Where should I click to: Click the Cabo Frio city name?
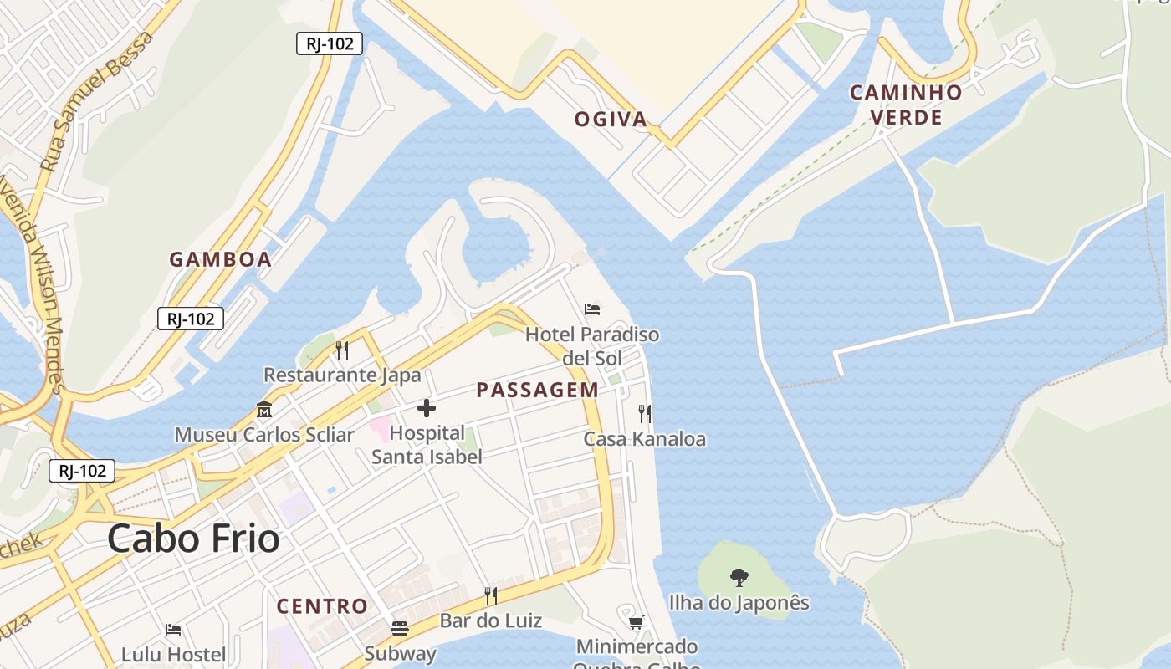click(193, 539)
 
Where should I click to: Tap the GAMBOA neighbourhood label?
click(221, 259)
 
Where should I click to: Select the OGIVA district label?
click(611, 120)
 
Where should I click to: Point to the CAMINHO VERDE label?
click(907, 105)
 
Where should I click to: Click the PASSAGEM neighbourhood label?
click(538, 390)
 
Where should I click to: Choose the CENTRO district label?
click(322, 606)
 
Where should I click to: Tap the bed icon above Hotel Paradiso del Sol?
click(592, 309)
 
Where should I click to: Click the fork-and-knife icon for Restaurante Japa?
click(341, 350)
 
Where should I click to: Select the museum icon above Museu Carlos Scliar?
click(264, 410)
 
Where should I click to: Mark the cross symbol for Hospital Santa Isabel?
click(427, 408)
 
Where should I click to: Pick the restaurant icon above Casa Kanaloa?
click(644, 413)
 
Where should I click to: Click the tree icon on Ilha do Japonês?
click(739, 577)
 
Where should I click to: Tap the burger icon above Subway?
click(400, 629)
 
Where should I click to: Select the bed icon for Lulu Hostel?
click(173, 629)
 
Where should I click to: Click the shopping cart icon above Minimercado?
click(637, 621)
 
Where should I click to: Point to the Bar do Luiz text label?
click(491, 621)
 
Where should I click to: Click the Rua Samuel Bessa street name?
click(96, 102)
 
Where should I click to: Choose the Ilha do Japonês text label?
click(739, 602)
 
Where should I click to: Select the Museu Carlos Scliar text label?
click(264, 435)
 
